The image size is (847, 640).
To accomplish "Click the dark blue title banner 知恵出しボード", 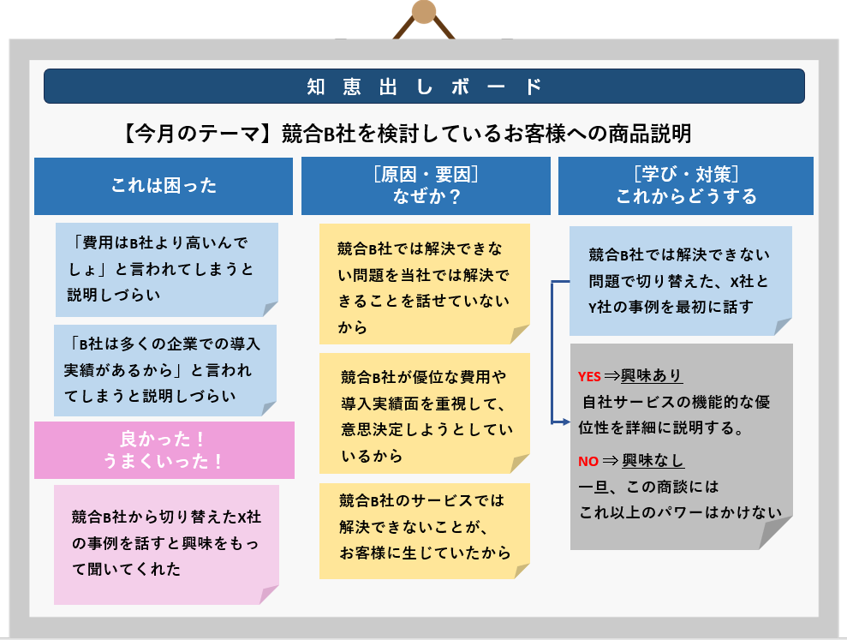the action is point(424,86).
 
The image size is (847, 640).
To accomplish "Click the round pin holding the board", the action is point(424,12).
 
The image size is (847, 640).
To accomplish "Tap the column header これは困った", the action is point(164,186).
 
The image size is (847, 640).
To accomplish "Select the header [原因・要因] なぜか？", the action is point(426,186).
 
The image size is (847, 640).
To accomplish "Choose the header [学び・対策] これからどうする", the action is point(686,186).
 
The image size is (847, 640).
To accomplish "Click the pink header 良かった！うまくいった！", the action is point(164,450).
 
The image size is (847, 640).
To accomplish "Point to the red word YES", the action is point(589,377).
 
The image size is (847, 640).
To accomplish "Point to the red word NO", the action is point(588,461).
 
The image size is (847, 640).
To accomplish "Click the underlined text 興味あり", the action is point(652,375).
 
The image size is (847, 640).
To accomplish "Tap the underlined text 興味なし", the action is point(653,461).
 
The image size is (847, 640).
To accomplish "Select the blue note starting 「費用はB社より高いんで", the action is point(167,270).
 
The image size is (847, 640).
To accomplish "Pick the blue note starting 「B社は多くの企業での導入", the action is point(165,370).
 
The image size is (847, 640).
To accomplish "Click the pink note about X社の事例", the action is point(166,544).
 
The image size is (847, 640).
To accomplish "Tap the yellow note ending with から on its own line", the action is point(425,284).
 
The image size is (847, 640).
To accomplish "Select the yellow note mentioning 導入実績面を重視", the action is point(425,414).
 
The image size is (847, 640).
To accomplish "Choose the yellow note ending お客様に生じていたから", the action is point(425,531).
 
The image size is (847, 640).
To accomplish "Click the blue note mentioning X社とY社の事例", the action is point(681,280).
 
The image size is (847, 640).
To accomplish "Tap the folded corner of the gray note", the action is point(773,534).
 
